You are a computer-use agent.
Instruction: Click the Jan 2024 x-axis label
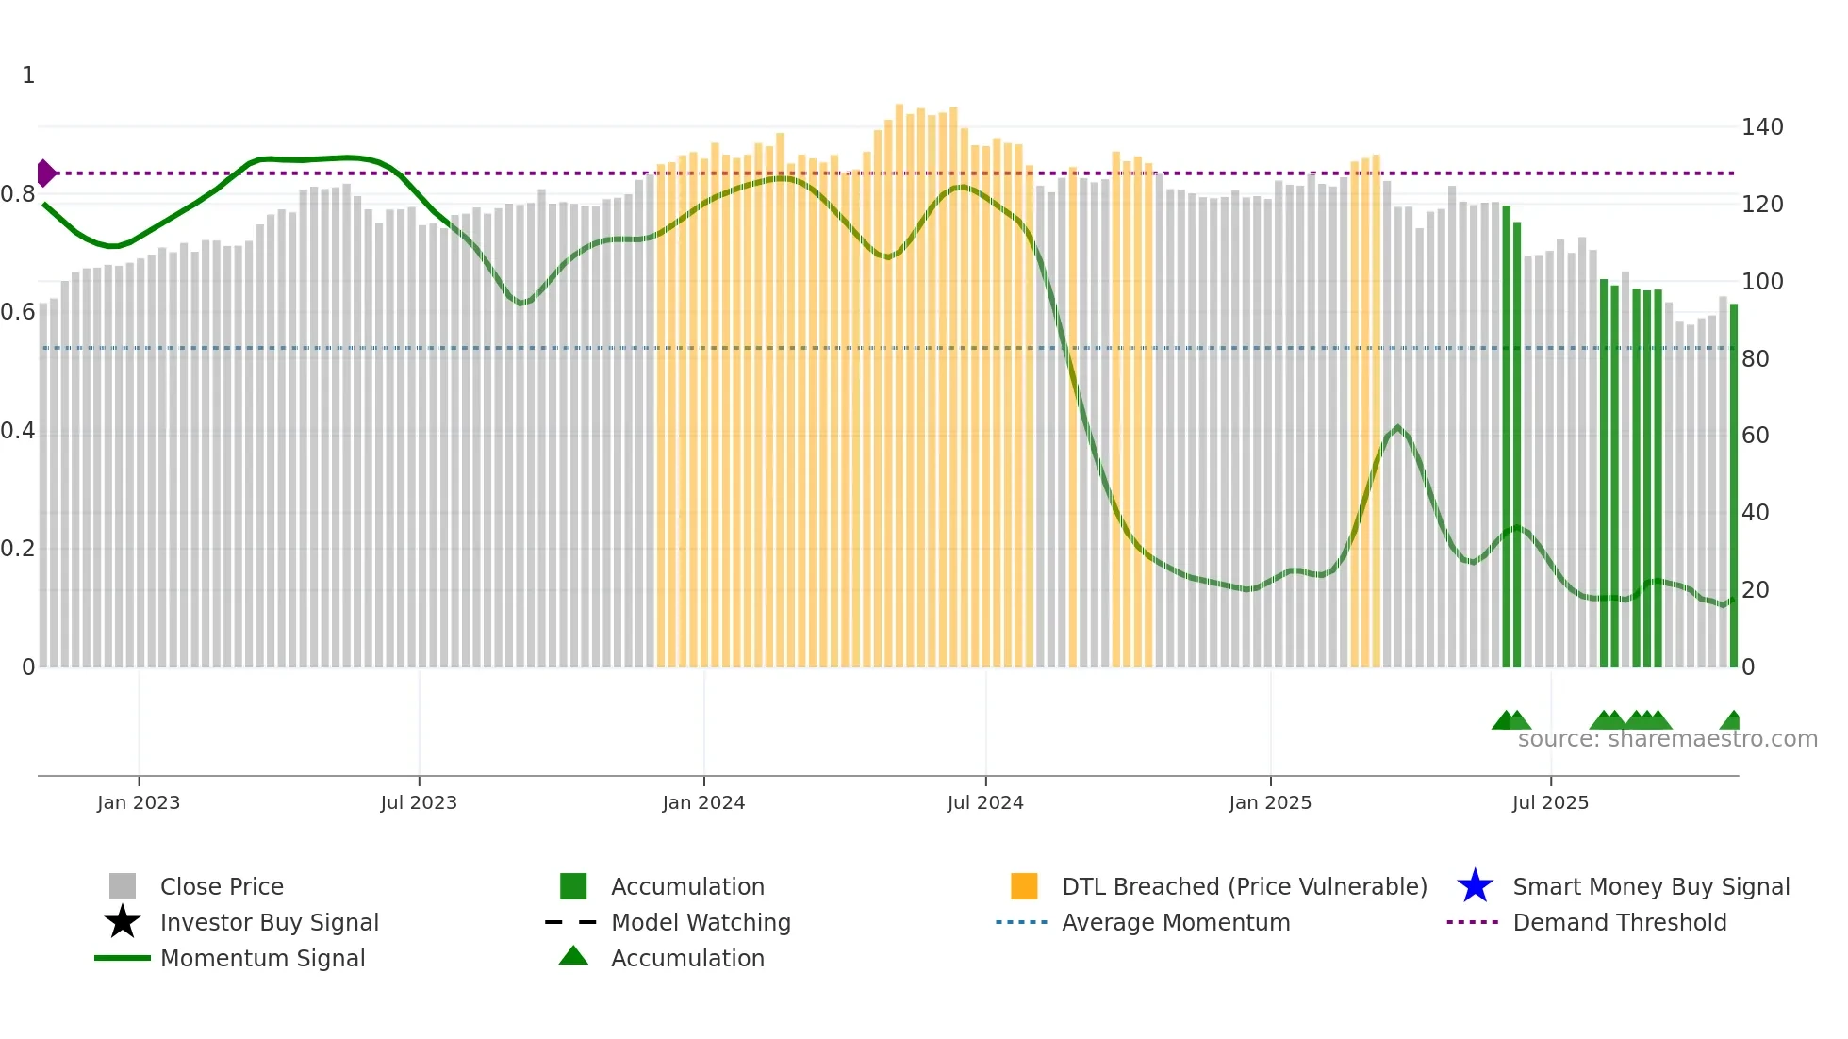(703, 802)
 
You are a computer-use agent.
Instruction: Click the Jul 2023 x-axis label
(419, 802)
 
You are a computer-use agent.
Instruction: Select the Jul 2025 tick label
(1550, 802)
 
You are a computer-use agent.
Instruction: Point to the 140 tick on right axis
(1762, 127)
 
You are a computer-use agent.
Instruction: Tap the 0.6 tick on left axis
(18, 312)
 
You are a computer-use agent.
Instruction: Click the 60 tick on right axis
(1756, 436)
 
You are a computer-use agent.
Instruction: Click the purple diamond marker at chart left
(45, 173)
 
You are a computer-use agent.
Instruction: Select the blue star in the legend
(1475, 886)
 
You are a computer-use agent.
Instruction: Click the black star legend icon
(123, 922)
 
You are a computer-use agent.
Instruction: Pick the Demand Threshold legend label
(1619, 922)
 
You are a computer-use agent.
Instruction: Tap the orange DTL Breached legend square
(1024, 886)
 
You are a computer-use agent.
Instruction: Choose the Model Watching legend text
(701, 922)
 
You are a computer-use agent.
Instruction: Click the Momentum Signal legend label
(262, 958)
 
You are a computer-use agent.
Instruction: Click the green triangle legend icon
(573, 956)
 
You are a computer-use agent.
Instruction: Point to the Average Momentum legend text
(1176, 922)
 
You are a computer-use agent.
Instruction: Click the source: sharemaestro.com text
(1667, 739)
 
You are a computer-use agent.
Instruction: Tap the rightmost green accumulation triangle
(1731, 721)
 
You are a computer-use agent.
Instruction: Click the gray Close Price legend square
(123, 886)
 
